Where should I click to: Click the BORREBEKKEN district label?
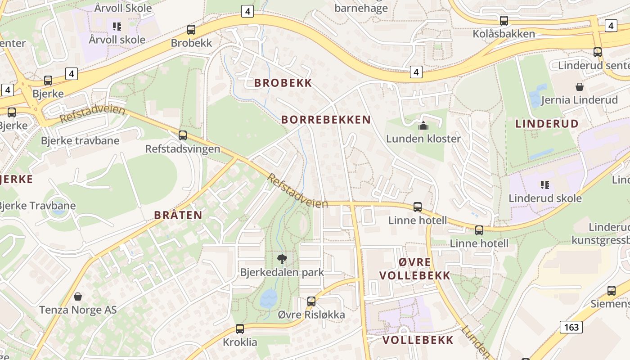(326, 120)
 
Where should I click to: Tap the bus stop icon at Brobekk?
(191, 30)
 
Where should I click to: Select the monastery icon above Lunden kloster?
(423, 126)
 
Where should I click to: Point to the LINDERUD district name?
(547, 124)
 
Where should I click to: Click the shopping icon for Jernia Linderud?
(579, 86)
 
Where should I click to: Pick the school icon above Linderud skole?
(545, 184)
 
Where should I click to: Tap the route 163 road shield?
(571, 327)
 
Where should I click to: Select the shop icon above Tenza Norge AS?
(78, 297)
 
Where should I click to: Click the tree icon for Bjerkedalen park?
(282, 259)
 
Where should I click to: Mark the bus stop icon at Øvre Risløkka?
(311, 301)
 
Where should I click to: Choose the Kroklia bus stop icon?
(240, 329)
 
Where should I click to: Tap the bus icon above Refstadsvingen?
(183, 135)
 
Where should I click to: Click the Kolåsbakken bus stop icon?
(504, 20)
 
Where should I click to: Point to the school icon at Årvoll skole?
(117, 27)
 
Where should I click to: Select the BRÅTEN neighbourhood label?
(178, 215)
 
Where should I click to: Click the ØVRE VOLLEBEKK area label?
(414, 269)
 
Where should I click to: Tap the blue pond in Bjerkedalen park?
(269, 298)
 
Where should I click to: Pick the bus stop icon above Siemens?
(611, 290)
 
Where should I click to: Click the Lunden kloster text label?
(423, 139)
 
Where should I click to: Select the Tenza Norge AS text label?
(78, 310)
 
